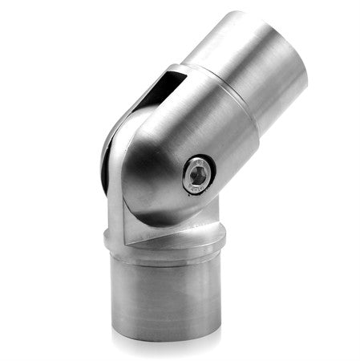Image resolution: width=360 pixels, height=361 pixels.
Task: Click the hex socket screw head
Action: [198, 174]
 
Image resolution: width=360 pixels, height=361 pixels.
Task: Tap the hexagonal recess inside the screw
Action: [199, 173]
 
